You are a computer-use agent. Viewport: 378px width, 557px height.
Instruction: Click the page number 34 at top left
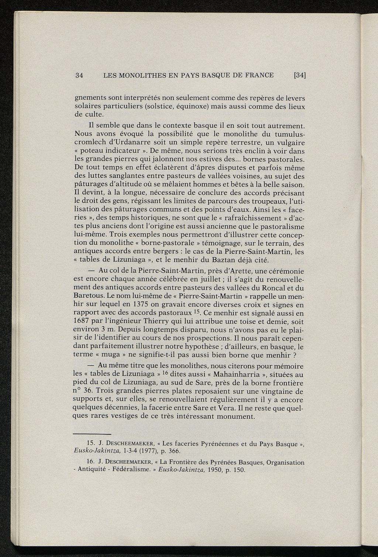click(79, 76)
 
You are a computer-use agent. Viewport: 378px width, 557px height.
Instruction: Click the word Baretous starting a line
click(88, 296)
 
